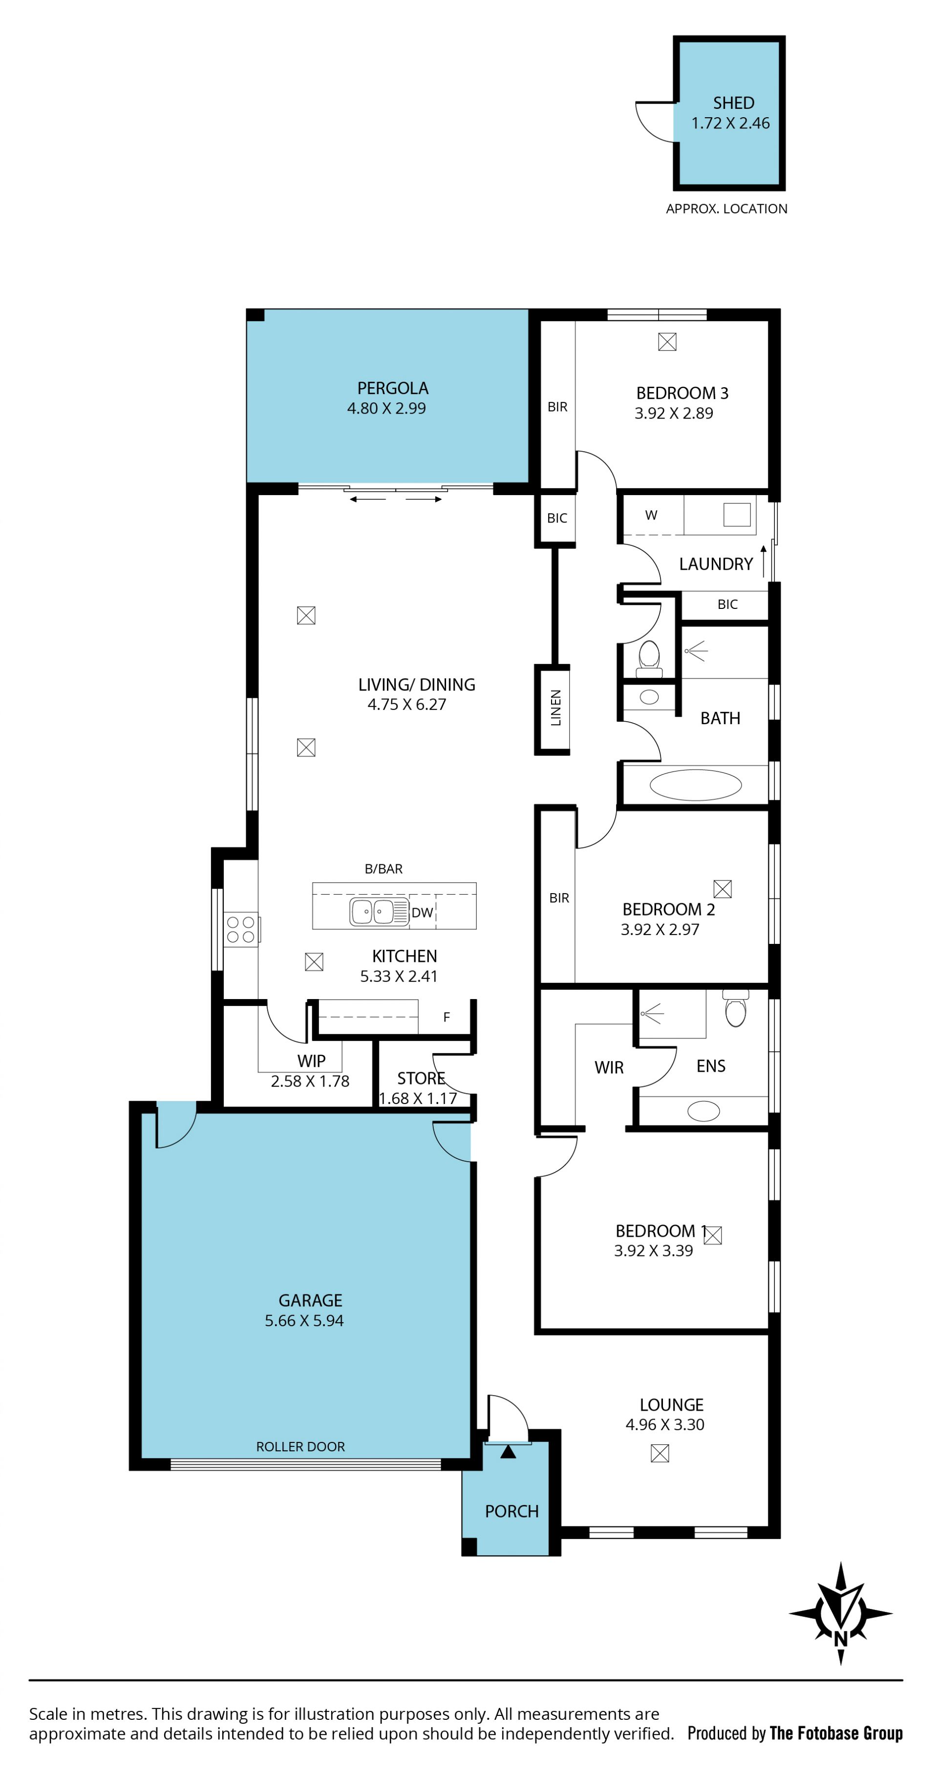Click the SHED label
point(733,103)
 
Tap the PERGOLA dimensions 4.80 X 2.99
point(386,408)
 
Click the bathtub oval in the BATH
point(696,785)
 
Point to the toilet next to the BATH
point(649,659)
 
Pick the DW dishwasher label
point(422,913)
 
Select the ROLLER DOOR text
point(300,1447)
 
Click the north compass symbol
point(840,1613)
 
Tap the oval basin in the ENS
point(703,1111)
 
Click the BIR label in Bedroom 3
point(557,407)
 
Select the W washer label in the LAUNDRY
point(651,515)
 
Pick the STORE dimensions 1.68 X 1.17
point(418,1099)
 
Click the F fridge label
point(446,1017)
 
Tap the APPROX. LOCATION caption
point(726,209)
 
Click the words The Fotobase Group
point(836,1732)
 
